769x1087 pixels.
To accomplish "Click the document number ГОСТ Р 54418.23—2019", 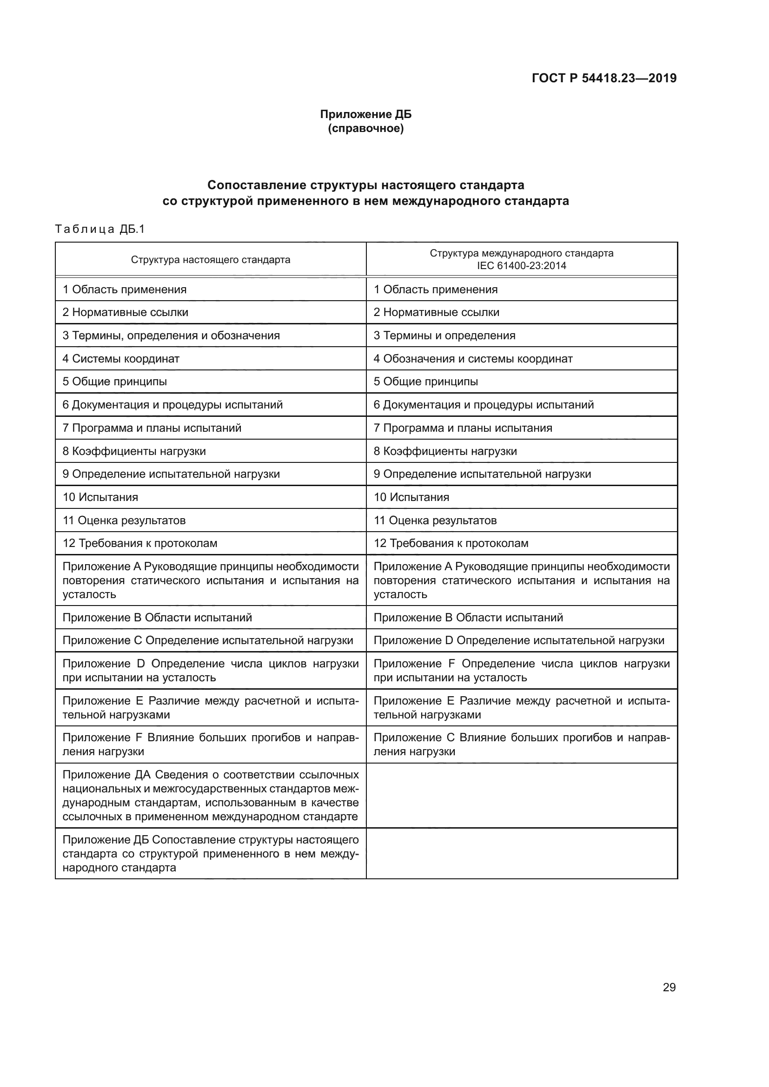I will [604, 78].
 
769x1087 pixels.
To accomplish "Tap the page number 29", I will [669, 987].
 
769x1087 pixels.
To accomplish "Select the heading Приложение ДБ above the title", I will [365, 114].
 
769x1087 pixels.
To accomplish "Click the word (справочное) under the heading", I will [365, 128].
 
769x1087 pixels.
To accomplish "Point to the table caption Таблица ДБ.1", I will [100, 229].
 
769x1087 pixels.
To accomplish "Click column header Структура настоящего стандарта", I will [210, 259].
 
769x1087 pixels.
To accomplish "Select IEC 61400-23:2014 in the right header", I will [521, 266].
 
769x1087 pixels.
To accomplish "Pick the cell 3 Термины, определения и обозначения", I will [171, 335].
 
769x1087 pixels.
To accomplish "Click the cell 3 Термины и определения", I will [444, 335].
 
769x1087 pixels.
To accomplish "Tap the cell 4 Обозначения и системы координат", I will [473, 358].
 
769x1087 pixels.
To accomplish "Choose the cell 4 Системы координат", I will [121, 358].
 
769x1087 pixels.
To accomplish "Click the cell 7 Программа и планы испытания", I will [463, 428].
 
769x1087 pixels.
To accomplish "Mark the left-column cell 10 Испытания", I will [100, 497].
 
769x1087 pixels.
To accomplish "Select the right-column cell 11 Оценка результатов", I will [435, 520].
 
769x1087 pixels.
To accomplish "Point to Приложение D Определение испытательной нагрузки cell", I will [518, 640].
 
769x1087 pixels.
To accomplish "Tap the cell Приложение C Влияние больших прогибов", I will [521, 744].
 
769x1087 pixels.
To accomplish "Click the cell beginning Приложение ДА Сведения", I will [210, 795].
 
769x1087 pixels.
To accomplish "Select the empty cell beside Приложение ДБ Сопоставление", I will [521, 854].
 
